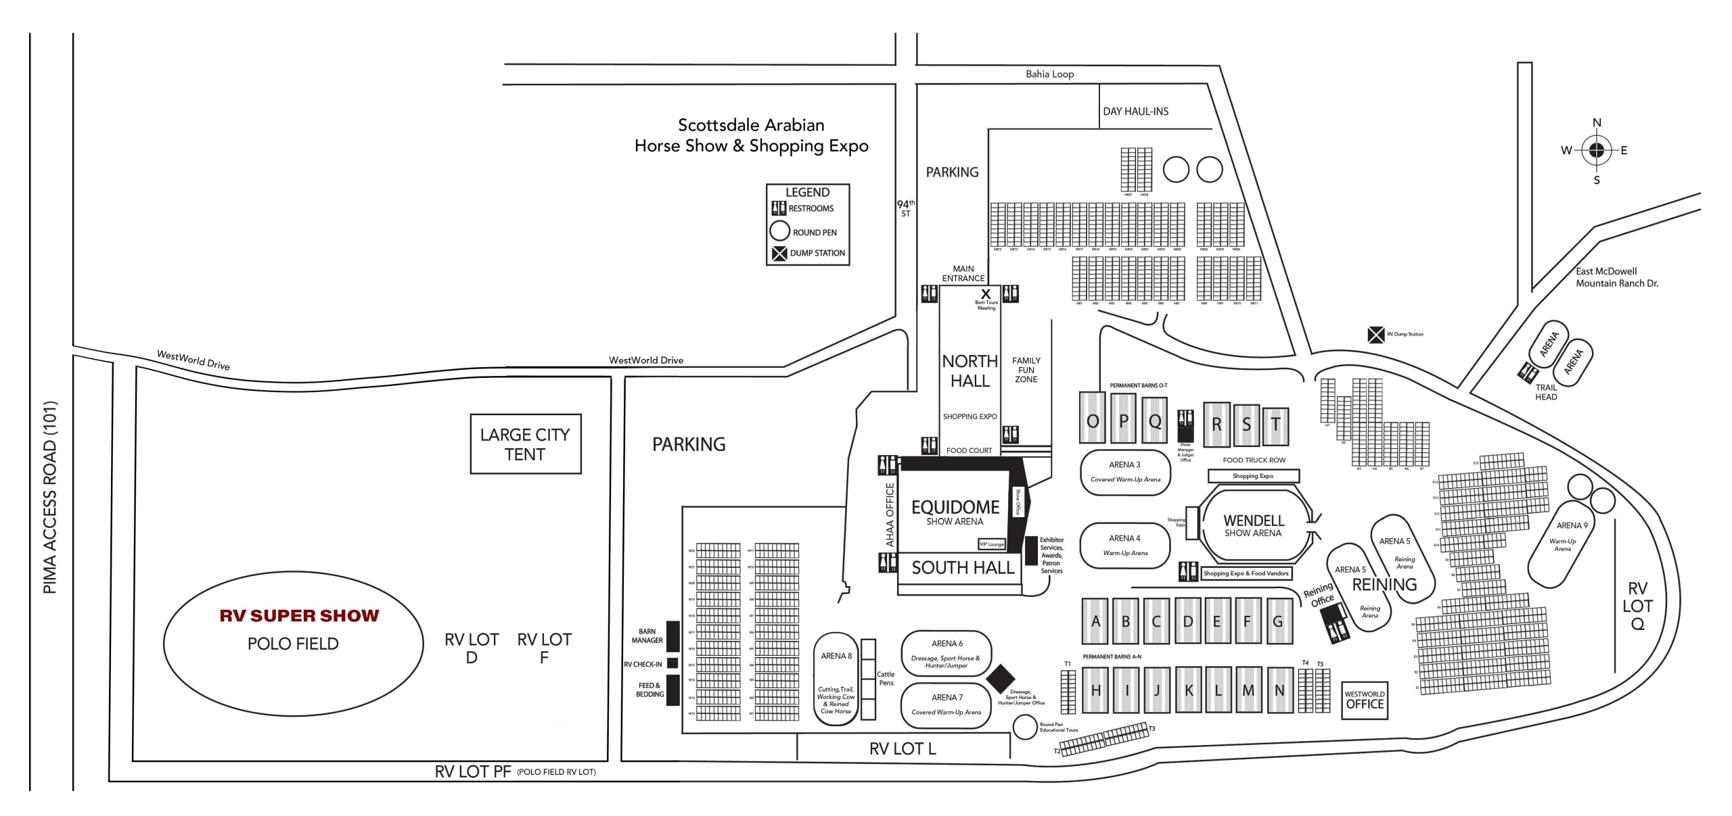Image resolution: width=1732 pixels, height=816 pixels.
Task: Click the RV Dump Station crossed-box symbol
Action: pos(1375,335)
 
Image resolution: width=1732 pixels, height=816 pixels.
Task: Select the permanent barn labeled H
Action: pos(1095,690)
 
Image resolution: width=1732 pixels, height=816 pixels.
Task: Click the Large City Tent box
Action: pos(525,444)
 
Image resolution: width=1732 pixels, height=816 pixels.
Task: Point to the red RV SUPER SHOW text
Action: pos(299,616)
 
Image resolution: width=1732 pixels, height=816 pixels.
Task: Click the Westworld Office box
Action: pos(1365,700)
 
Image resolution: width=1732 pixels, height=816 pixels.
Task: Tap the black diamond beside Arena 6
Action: pos(1001,679)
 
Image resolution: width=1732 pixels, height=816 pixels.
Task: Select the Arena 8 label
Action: pos(836,656)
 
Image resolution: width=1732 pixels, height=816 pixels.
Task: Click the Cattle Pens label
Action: pos(886,678)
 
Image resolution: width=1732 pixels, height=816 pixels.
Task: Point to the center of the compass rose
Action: pos(1596,150)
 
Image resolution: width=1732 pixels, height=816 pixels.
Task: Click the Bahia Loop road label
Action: pos(1049,74)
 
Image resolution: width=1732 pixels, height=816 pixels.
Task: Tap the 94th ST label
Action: pos(905,208)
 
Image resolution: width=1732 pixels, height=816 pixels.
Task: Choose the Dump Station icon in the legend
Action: pos(779,254)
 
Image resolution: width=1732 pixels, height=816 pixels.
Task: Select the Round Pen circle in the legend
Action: pos(779,231)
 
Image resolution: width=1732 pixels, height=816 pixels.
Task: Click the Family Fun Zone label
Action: pos(1026,370)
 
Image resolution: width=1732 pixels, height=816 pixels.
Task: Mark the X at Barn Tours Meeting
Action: pos(986,294)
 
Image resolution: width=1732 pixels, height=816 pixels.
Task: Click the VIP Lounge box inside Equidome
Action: pos(992,544)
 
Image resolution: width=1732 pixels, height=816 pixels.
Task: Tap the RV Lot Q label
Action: pos(1637,606)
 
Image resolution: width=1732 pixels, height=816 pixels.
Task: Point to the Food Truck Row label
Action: pos(1254,460)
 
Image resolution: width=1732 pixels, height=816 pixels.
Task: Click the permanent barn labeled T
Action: pos(1275,425)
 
